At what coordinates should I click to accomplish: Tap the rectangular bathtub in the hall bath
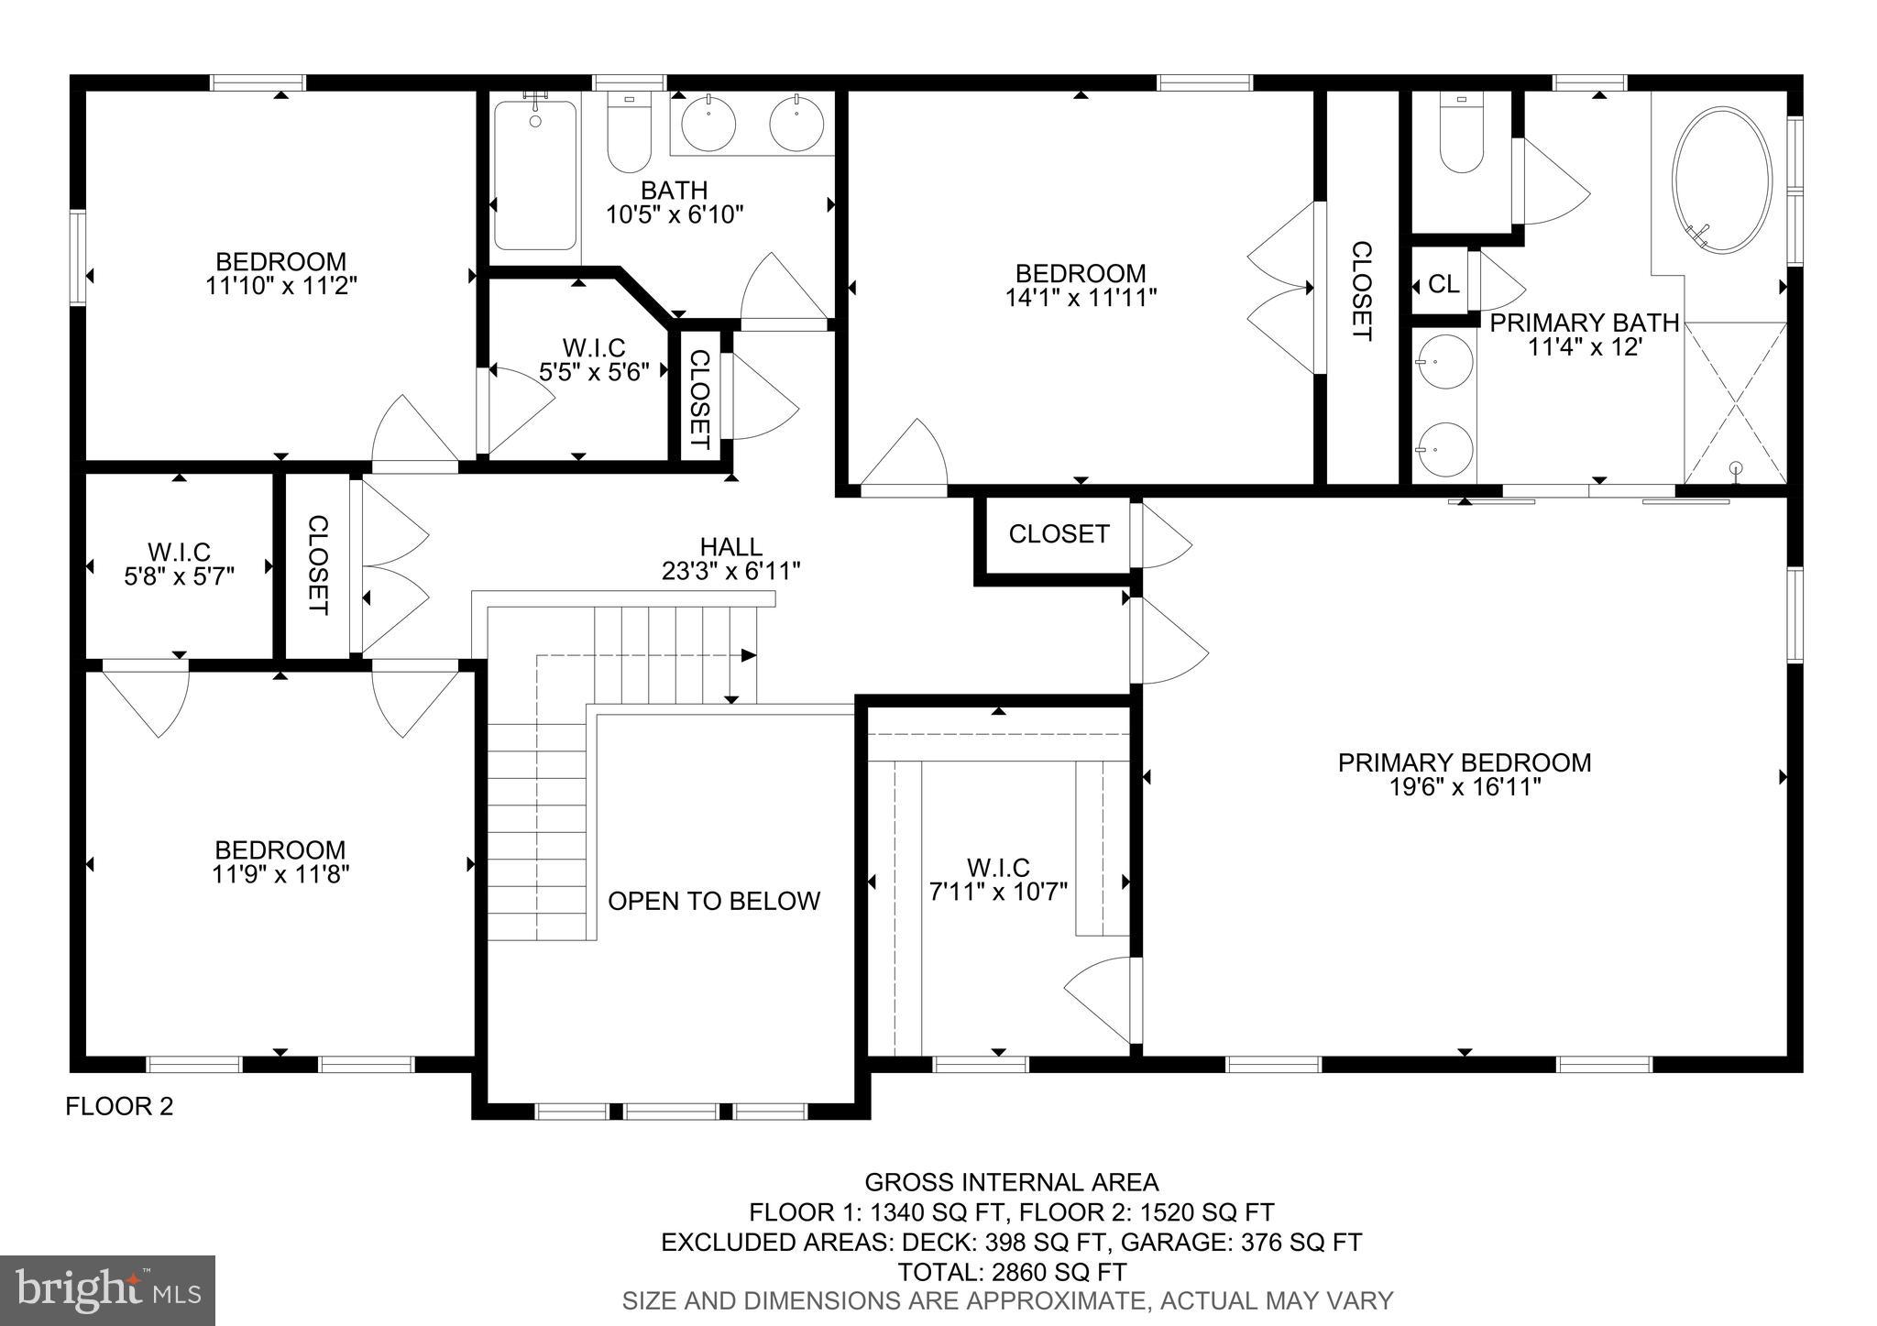[x=535, y=174]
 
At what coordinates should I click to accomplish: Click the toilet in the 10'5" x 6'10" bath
[x=629, y=136]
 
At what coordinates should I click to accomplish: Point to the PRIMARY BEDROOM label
[x=1464, y=762]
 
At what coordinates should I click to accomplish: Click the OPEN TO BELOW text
[x=714, y=901]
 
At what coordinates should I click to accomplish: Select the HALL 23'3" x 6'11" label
[x=730, y=559]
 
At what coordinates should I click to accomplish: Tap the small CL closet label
[x=1443, y=284]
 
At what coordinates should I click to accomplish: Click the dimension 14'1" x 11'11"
[x=1081, y=297]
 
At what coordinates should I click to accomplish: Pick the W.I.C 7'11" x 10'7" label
[x=998, y=879]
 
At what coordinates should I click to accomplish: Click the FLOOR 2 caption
[x=119, y=1107]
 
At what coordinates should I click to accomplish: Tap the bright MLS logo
[x=108, y=1290]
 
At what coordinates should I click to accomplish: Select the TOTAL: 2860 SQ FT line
[x=1012, y=1272]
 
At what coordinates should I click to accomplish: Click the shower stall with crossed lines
[x=1735, y=403]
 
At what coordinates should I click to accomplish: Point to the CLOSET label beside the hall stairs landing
[x=1059, y=534]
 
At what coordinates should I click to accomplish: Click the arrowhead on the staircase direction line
[x=749, y=655]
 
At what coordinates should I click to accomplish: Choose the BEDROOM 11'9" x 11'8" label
[x=280, y=861]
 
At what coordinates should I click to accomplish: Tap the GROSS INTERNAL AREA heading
[x=1012, y=1182]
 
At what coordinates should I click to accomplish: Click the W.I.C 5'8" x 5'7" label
[x=179, y=564]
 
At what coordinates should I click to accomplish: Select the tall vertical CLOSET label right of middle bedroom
[x=1362, y=290]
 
